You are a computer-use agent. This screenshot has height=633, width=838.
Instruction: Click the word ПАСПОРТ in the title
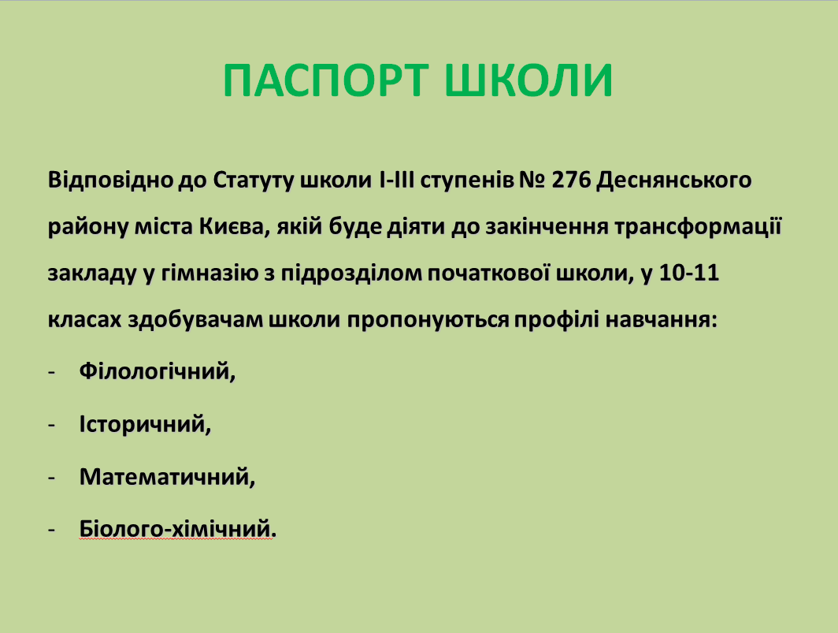click(x=326, y=80)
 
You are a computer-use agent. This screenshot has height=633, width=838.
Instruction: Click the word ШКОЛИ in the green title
click(x=528, y=80)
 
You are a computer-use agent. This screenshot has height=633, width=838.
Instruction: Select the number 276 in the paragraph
click(x=571, y=181)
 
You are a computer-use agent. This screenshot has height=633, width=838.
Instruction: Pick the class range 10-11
click(x=689, y=274)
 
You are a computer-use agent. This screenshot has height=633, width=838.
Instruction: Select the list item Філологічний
click(x=158, y=371)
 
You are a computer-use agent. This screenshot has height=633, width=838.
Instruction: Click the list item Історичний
click(x=146, y=424)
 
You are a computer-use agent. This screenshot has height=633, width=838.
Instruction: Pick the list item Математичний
click(x=167, y=477)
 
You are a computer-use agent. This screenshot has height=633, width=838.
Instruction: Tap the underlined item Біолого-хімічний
click(x=178, y=529)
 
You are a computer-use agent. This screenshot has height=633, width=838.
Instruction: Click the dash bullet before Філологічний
click(x=52, y=372)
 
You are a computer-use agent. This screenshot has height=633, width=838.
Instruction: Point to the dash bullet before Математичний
click(x=52, y=478)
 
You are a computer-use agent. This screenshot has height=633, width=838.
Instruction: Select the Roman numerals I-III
click(x=397, y=181)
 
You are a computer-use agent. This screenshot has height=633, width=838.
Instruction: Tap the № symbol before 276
click(x=532, y=181)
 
